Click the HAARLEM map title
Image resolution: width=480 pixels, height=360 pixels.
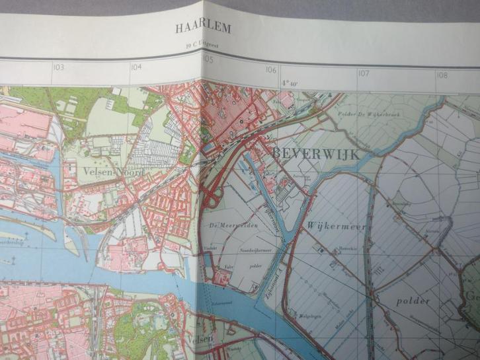[x=203, y=28]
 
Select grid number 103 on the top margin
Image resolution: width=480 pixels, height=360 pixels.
[x=60, y=67]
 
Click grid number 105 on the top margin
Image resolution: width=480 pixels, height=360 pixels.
[x=208, y=60]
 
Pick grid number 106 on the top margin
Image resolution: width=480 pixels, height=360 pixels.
[x=271, y=69]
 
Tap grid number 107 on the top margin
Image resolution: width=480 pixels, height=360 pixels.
[x=363, y=73]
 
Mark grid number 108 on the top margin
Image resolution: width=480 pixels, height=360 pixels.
[x=442, y=75]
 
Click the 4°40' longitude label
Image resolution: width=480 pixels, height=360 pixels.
[x=290, y=83]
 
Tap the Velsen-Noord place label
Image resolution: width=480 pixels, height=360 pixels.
[x=113, y=171]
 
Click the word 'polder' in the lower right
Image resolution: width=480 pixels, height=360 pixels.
[x=413, y=301]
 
